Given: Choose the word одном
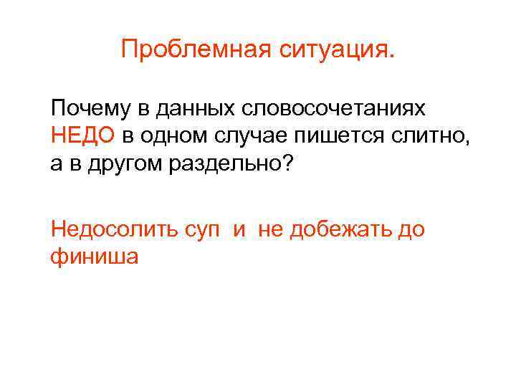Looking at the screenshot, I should [x=173, y=134].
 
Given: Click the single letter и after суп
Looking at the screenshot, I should [x=238, y=230].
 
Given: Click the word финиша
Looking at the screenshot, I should [x=94, y=255].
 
